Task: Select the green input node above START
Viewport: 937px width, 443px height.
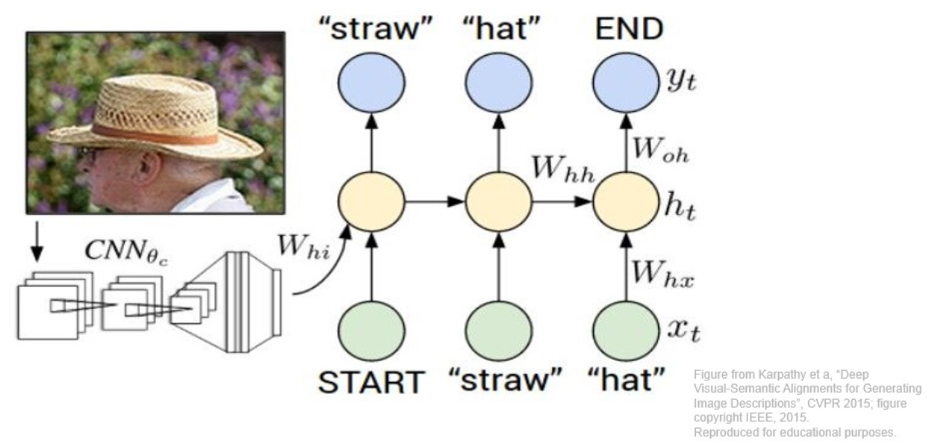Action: [x=372, y=328]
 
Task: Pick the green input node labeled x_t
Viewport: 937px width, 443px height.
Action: [x=626, y=328]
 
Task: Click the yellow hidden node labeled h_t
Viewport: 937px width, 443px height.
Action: [x=626, y=202]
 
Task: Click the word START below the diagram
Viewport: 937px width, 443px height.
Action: [x=370, y=383]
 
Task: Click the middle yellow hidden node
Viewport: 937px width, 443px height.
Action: [x=498, y=202]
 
